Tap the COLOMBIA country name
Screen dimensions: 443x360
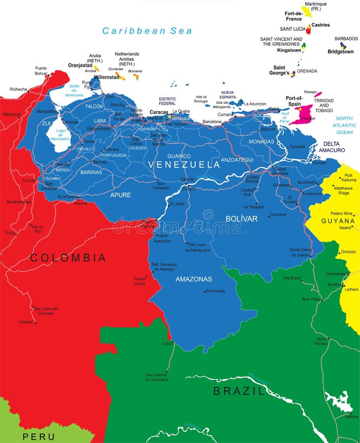pyautogui.click(x=68, y=257)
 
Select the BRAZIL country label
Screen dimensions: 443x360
pyautogui.click(x=239, y=391)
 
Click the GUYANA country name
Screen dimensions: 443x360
pyautogui.click(x=338, y=221)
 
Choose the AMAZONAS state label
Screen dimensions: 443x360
pyautogui.click(x=194, y=279)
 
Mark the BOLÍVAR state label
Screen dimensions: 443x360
pyautogui.click(x=241, y=219)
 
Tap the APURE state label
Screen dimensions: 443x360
pyautogui.click(x=120, y=195)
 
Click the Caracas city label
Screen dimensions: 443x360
pyautogui.click(x=159, y=112)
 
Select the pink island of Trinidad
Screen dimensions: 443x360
pyautogui.click(x=302, y=115)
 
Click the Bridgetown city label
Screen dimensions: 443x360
pyautogui.click(x=340, y=52)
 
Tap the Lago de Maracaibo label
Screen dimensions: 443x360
pyautogui.click(x=61, y=134)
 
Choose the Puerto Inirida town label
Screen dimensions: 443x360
pyautogui.click(x=140, y=281)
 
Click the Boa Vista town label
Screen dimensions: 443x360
pyautogui.click(x=311, y=299)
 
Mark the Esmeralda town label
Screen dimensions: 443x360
pyautogui.click(x=215, y=291)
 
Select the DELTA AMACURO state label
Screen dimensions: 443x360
pyautogui.click(x=331, y=147)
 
